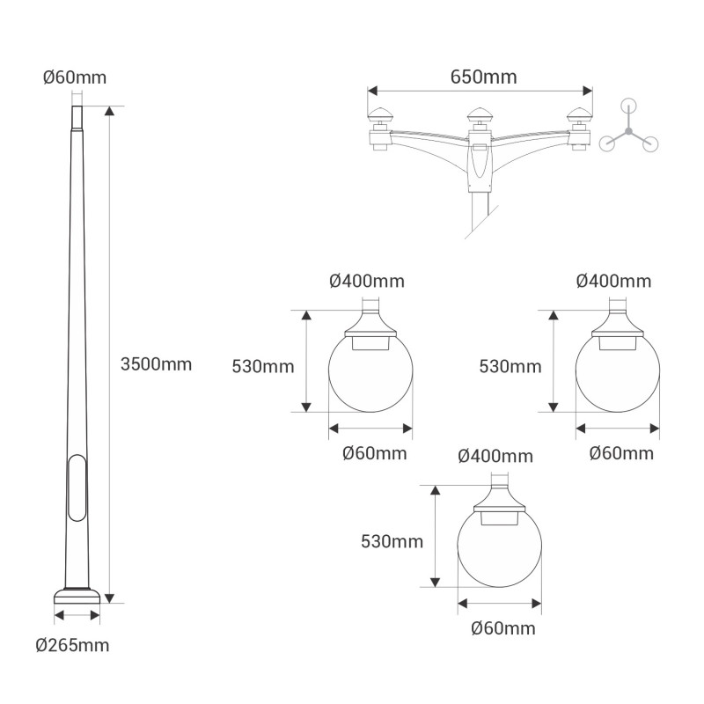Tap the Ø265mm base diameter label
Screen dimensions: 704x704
click(x=73, y=645)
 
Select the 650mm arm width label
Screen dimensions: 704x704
click(x=483, y=77)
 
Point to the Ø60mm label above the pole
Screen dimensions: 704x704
click(x=75, y=77)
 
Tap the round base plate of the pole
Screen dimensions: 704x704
click(x=77, y=594)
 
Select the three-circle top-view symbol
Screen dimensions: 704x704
click(x=628, y=130)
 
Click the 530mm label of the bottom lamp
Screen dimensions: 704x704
click(x=392, y=541)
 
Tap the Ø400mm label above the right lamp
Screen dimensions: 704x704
click(x=613, y=282)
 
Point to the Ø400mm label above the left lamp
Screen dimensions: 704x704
click(x=367, y=282)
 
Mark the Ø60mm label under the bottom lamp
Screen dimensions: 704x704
click(x=502, y=628)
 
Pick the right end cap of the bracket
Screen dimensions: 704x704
click(x=579, y=115)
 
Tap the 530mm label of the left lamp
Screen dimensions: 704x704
click(x=262, y=366)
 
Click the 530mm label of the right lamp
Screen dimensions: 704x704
click(x=510, y=366)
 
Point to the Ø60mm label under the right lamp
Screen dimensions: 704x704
click(x=621, y=453)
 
